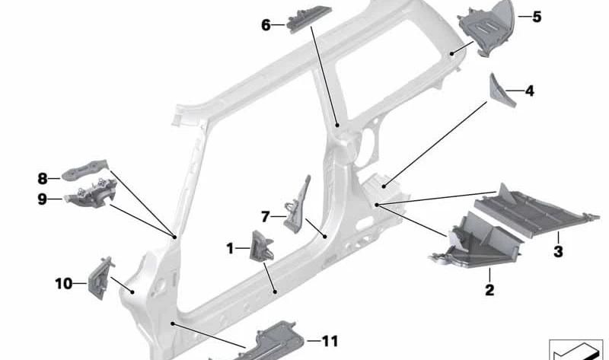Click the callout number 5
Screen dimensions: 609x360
click(537, 17)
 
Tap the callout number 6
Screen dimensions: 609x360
click(266, 25)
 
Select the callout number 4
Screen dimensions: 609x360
click(529, 91)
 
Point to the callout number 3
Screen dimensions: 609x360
click(558, 251)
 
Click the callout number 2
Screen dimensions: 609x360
click(489, 290)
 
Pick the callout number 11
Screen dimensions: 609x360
click(330, 342)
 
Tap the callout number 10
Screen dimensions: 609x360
click(64, 284)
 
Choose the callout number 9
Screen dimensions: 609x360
click(42, 199)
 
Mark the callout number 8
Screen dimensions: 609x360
click(43, 179)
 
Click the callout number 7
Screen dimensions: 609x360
click(265, 217)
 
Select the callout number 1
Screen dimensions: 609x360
click(230, 249)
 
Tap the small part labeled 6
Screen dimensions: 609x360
click(309, 19)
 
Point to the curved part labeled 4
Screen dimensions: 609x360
click(501, 90)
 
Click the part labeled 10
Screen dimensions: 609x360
click(100, 278)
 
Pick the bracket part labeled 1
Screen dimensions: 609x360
click(261, 245)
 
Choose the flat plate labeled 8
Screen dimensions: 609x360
click(84, 170)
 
